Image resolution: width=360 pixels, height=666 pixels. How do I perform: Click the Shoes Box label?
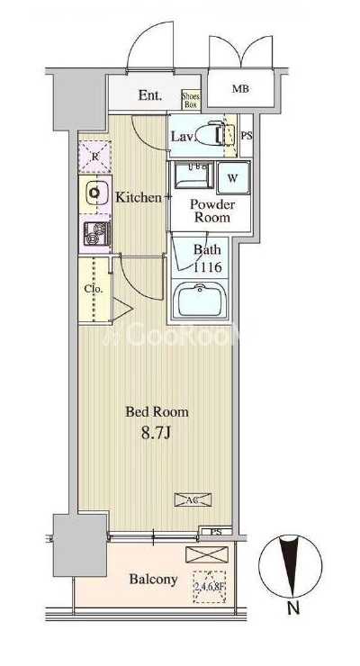191,100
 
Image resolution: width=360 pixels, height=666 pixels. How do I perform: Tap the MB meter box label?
240,89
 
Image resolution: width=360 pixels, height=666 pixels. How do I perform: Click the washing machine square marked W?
232,178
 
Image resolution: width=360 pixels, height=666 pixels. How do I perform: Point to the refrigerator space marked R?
94,157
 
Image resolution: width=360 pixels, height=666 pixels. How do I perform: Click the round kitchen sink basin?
94,193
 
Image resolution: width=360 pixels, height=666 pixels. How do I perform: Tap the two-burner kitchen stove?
97,233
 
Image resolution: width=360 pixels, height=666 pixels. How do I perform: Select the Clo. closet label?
93,289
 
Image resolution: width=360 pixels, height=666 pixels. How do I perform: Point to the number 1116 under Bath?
208,267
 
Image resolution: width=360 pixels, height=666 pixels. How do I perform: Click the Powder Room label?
211,211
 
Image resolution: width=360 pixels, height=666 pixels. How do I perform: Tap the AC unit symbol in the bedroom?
193,499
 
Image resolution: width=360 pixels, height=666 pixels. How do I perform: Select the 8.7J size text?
156,433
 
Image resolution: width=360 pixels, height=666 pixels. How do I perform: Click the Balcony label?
153,579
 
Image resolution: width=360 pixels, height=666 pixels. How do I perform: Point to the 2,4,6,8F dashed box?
210,587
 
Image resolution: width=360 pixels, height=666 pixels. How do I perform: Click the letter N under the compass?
292,608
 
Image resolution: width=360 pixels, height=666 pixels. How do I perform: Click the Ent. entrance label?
150,95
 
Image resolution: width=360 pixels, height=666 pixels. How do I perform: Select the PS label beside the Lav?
247,136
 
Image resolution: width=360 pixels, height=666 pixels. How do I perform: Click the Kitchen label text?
139,197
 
